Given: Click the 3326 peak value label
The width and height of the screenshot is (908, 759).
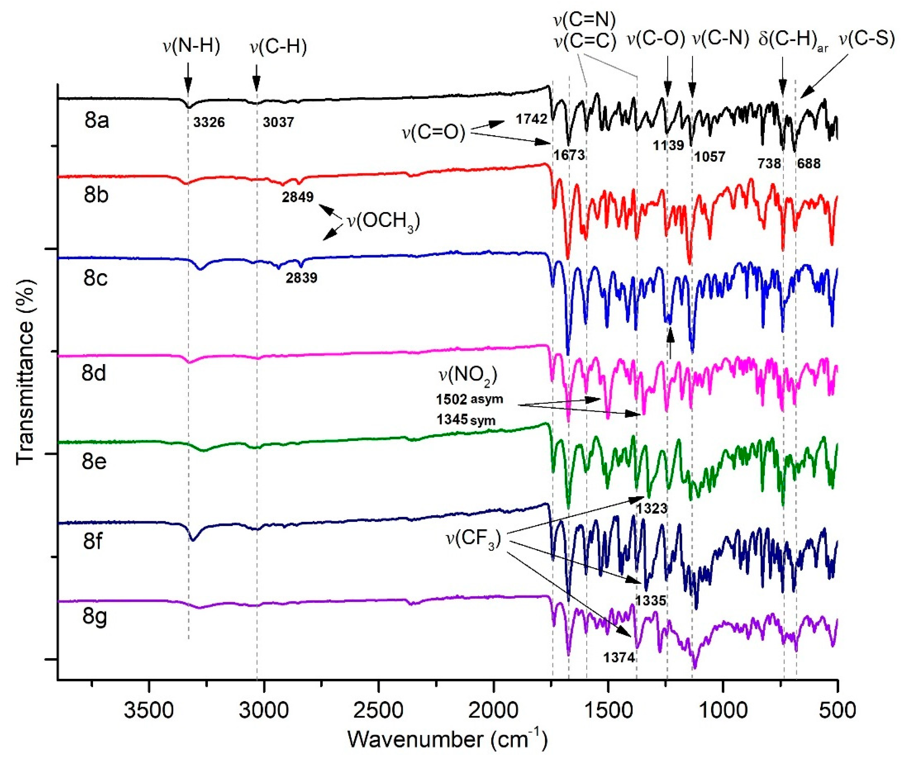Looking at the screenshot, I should (209, 122).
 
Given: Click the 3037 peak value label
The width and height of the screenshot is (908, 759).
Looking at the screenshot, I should (278, 122).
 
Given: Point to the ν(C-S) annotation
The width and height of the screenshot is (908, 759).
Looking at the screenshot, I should (866, 39).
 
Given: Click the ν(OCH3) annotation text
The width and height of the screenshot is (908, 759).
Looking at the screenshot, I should (383, 222).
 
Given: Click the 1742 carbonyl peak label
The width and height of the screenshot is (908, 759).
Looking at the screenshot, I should (531, 118).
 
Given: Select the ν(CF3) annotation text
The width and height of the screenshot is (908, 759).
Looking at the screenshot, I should (473, 539).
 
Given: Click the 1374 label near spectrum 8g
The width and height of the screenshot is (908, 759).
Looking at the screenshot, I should (619, 658).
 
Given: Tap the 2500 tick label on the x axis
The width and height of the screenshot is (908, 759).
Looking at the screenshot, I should (378, 711).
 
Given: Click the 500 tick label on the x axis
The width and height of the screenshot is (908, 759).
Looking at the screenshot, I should (838, 711).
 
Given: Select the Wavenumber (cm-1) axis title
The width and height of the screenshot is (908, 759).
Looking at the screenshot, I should (447, 740).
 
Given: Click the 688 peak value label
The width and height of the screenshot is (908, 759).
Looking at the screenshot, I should (809, 164).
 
